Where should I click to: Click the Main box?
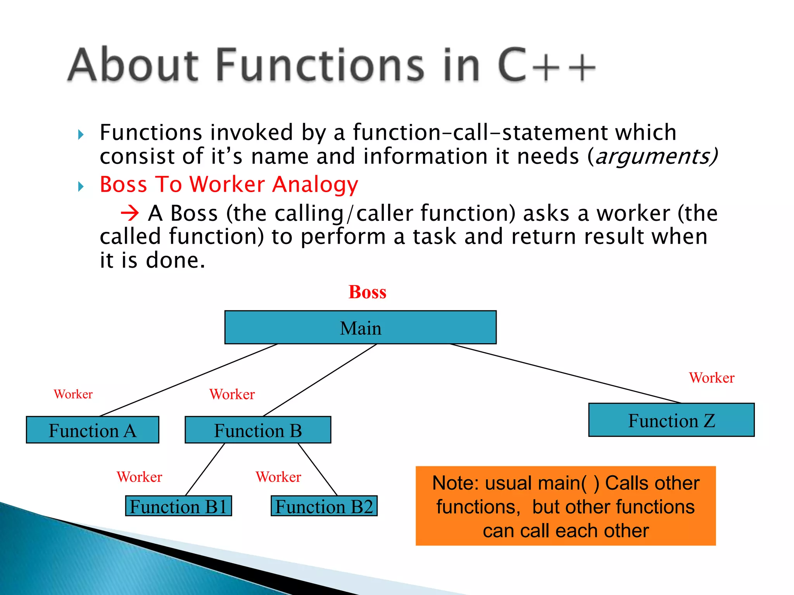[360, 327]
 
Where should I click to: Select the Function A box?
[92, 430]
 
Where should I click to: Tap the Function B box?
[258, 430]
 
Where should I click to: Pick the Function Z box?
[671, 420]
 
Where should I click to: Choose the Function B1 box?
[178, 506]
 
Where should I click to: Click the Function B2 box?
[324, 506]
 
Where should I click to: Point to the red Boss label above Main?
[367, 292]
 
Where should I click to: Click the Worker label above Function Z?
[711, 378]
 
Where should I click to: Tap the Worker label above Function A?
[73, 394]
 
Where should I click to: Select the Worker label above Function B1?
[139, 477]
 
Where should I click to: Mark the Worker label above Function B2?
[278, 477]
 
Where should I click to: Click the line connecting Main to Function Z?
[566, 373]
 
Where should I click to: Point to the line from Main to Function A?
[189, 380]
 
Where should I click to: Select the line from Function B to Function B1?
[205, 469]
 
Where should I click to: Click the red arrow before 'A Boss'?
[129, 213]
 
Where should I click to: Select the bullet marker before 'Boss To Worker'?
[81, 187]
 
